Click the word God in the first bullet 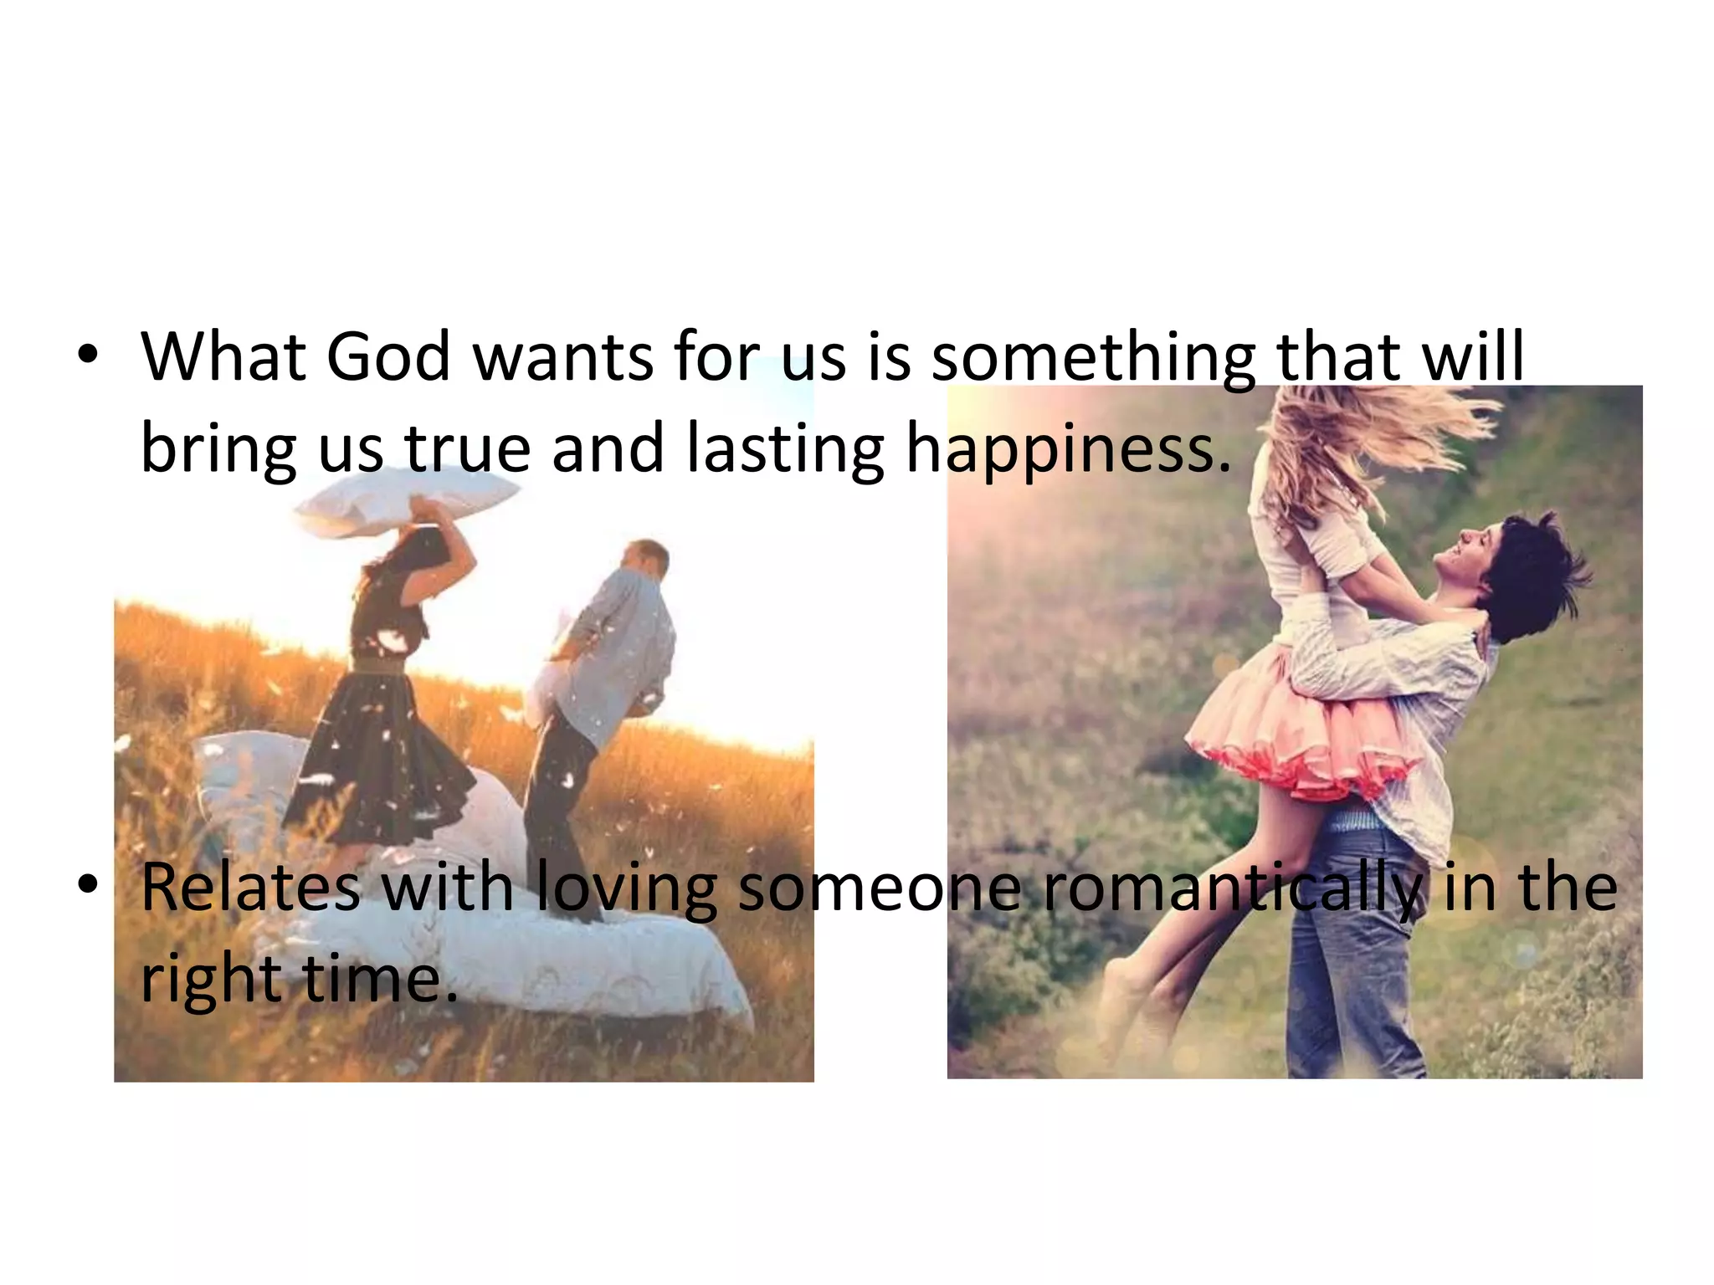(388, 357)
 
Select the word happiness (1069, 449)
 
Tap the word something (1094, 357)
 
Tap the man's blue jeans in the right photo (1347, 962)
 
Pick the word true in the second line (469, 449)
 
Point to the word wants (563, 357)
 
